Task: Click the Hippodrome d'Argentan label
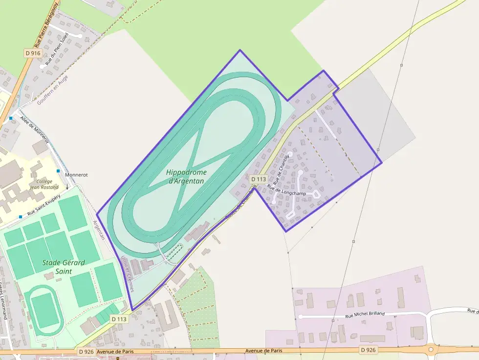click(x=186, y=176)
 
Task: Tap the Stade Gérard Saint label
click(x=63, y=267)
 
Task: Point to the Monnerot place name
click(x=76, y=174)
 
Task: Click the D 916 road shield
click(x=33, y=52)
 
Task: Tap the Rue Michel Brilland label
click(x=365, y=314)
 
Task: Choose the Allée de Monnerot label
click(x=35, y=129)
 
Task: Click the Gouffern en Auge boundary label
click(x=52, y=89)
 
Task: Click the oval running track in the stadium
click(x=44, y=311)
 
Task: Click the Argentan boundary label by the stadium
click(x=99, y=230)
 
